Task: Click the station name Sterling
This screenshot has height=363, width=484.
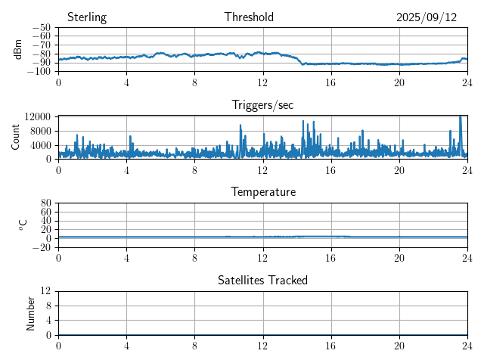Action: tap(87, 17)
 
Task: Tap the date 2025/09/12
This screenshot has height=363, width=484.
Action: tap(427, 17)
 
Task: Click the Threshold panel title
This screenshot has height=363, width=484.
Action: tap(249, 17)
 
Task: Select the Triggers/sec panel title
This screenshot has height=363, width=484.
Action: tap(262, 105)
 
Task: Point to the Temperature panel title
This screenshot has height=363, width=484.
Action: tap(262, 192)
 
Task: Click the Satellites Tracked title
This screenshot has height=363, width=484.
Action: tap(262, 280)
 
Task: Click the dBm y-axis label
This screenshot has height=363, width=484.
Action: tap(18, 49)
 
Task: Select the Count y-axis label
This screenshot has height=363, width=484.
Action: tap(16, 137)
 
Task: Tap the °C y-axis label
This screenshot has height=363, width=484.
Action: tap(22, 225)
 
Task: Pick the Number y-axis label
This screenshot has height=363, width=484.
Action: tap(31, 312)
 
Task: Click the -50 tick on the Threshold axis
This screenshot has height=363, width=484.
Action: tap(42, 28)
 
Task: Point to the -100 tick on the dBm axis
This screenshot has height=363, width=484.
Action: tap(39, 71)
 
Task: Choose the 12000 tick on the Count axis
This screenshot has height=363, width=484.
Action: tap(37, 116)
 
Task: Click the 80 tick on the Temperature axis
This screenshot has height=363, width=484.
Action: tap(45, 203)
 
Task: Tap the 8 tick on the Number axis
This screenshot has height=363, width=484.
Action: tap(48, 306)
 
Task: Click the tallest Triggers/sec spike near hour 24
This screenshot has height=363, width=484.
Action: tap(461, 117)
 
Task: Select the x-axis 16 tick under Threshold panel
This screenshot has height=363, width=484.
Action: tap(330, 82)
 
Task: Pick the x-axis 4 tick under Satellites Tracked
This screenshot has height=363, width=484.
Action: tap(126, 346)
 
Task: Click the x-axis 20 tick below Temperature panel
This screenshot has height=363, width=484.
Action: tap(399, 258)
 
